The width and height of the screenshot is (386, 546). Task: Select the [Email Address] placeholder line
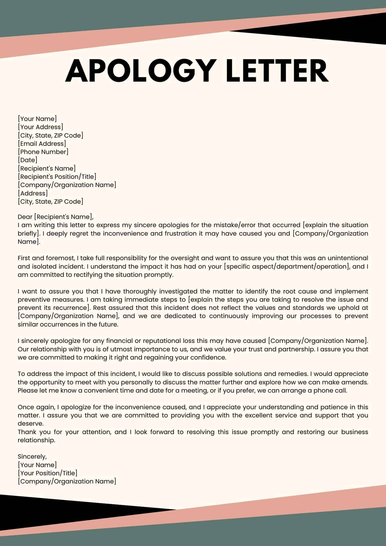pyautogui.click(x=42, y=144)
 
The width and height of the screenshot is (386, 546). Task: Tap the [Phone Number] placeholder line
pyautogui.click(x=43, y=152)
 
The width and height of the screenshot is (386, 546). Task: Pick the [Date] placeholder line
pyautogui.click(x=28, y=160)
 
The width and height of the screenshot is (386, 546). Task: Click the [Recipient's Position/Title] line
pyautogui.click(x=57, y=177)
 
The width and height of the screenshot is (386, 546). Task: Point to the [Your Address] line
pyautogui.click(x=40, y=127)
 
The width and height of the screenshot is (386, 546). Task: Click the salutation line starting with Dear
pyautogui.click(x=56, y=217)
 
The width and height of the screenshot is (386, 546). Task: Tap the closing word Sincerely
pyautogui.click(x=32, y=456)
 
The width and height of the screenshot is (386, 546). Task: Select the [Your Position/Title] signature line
pyautogui.click(x=47, y=473)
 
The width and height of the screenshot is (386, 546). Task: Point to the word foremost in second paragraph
pyautogui.click(x=61, y=258)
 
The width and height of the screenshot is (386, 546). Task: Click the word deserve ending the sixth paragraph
pyautogui.click(x=30, y=424)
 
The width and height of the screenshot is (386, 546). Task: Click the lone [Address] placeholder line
pyautogui.click(x=33, y=193)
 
